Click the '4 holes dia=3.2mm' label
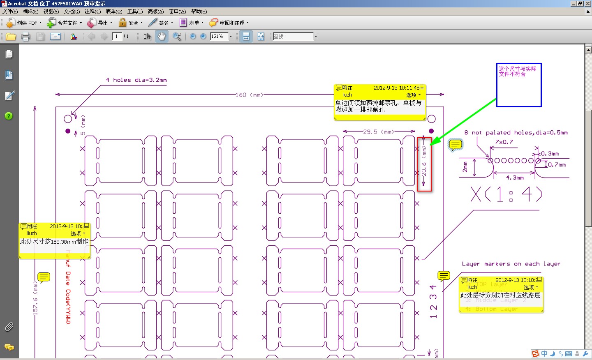136,80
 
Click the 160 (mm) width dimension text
249,95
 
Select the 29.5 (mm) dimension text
378,132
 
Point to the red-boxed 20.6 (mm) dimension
424,164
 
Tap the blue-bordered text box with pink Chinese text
519,85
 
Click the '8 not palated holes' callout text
516,133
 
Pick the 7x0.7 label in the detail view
504,142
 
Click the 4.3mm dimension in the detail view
515,178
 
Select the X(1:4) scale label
506,194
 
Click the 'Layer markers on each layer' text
511,264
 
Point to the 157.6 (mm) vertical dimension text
35,298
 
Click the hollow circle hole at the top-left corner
68,119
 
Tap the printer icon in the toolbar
25,37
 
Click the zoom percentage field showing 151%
219,37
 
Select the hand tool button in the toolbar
162,37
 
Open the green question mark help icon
9,116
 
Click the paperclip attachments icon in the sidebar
9,327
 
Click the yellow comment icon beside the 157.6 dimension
44,277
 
